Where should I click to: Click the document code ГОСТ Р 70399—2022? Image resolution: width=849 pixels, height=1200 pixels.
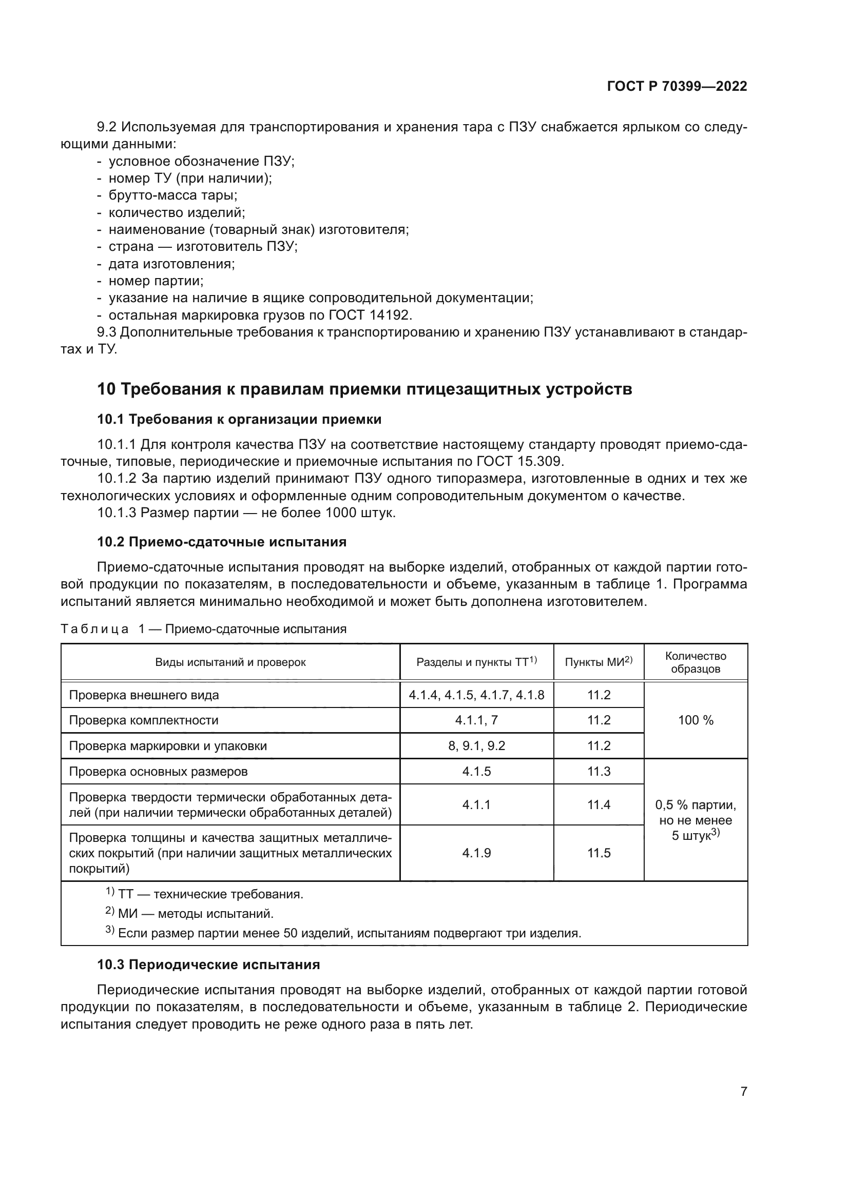pyautogui.click(x=677, y=86)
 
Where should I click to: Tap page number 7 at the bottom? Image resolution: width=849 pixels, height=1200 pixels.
pyautogui.click(x=743, y=1091)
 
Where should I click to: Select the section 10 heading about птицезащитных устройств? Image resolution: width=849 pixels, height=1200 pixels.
pyautogui.click(x=364, y=389)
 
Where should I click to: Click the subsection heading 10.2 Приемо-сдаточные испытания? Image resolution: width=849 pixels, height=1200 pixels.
pyautogui.click(x=222, y=541)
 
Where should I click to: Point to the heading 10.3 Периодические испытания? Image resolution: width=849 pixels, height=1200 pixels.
pyautogui.click(x=208, y=965)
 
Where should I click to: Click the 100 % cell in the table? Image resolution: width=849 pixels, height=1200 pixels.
pyautogui.click(x=696, y=720)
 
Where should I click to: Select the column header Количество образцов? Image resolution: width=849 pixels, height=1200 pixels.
pyautogui.click(x=696, y=662)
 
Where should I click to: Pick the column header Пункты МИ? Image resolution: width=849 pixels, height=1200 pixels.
pyautogui.click(x=598, y=662)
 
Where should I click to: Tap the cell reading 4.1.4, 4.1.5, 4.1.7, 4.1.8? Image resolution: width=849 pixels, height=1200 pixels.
pyautogui.click(x=476, y=695)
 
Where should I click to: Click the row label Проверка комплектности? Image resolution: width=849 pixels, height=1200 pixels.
pyautogui.click(x=144, y=720)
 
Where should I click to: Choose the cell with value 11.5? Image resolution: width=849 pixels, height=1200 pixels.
pyautogui.click(x=599, y=853)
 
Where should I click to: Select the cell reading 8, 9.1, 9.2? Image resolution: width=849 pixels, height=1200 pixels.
pyautogui.click(x=476, y=746)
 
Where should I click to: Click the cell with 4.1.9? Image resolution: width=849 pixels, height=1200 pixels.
pyautogui.click(x=476, y=853)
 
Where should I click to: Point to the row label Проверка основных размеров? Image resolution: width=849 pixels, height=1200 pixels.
pyautogui.click(x=159, y=772)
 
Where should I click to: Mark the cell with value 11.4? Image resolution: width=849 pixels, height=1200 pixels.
pyautogui.click(x=599, y=804)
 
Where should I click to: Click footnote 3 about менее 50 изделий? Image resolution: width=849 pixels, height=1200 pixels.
pyautogui.click(x=345, y=933)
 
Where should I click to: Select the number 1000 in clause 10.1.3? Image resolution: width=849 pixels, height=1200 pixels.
pyautogui.click(x=341, y=513)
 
